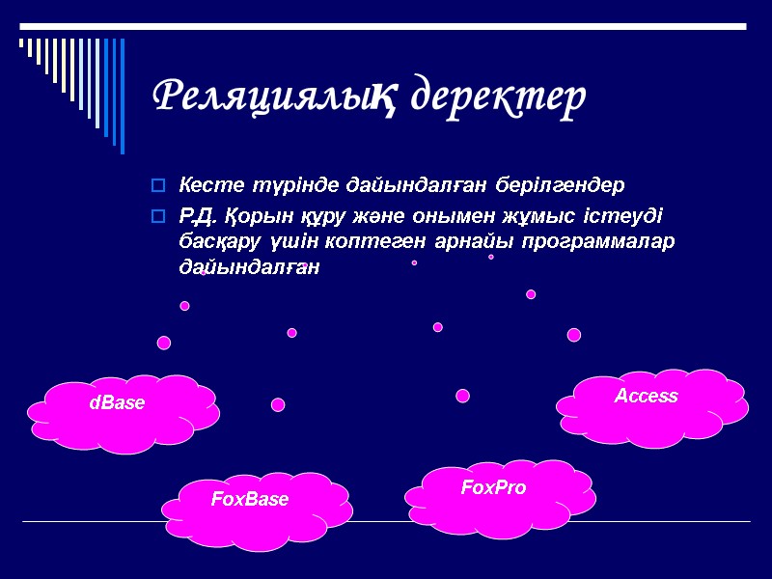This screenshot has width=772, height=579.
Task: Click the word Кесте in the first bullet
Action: [202, 183]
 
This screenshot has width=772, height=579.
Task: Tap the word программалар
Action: [598, 239]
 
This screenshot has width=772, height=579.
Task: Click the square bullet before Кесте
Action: [158, 184]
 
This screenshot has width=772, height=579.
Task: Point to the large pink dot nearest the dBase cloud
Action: [164, 343]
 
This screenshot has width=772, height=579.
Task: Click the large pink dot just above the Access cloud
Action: [574, 335]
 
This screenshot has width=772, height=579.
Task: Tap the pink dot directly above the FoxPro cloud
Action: [462, 396]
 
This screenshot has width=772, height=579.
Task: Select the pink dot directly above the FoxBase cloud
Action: [278, 404]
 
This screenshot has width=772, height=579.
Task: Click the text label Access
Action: [647, 396]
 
